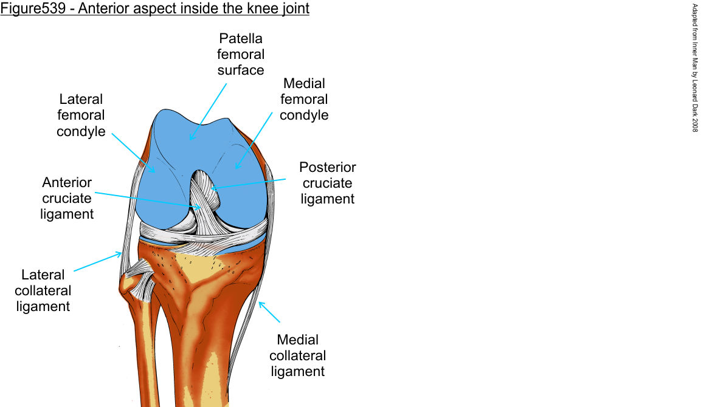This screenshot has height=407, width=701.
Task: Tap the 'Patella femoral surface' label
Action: [x=241, y=55]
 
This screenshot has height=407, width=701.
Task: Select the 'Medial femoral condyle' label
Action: [x=304, y=99]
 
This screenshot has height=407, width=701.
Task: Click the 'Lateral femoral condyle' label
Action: [x=81, y=115]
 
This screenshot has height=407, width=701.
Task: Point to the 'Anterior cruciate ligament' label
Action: [x=67, y=198]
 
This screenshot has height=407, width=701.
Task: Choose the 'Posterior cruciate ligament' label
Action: [x=328, y=183]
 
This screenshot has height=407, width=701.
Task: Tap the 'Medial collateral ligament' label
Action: [x=297, y=355]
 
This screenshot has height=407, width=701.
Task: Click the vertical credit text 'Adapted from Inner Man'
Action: [x=695, y=49]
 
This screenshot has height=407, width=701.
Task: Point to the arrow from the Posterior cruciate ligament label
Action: [x=249, y=184]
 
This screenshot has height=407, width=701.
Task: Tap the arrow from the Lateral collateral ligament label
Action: [x=97, y=262]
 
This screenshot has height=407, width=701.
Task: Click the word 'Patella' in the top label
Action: [x=241, y=39]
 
